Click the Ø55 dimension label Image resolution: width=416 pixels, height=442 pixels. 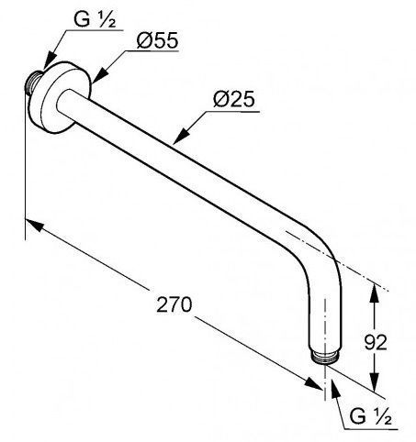coord(157,40)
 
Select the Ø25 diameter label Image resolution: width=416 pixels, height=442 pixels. coord(234,100)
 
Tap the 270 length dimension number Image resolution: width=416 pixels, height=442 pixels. coord(174,304)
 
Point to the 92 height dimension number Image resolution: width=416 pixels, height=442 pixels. coord(376,342)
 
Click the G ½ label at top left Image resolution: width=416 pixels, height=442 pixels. coord(95,20)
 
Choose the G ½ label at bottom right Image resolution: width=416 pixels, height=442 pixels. coord(370,416)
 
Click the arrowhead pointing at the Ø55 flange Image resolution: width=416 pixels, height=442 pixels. coord(99,75)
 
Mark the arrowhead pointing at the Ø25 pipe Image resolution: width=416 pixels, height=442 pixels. coord(181,136)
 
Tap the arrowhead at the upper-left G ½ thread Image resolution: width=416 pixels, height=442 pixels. coord(50,61)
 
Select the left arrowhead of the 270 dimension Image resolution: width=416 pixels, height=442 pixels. coord(34,225)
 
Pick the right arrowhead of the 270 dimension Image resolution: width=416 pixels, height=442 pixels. coord(313,383)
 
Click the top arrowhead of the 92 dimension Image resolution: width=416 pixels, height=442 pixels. coord(374,293)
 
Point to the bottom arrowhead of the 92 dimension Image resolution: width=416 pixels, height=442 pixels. coord(374,381)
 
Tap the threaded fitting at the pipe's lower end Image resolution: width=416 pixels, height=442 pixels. coord(324,358)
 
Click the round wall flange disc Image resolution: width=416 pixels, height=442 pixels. coord(60,97)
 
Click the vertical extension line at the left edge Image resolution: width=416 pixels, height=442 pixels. coord(25,165)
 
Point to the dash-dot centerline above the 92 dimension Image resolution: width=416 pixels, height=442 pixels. coord(337,261)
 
